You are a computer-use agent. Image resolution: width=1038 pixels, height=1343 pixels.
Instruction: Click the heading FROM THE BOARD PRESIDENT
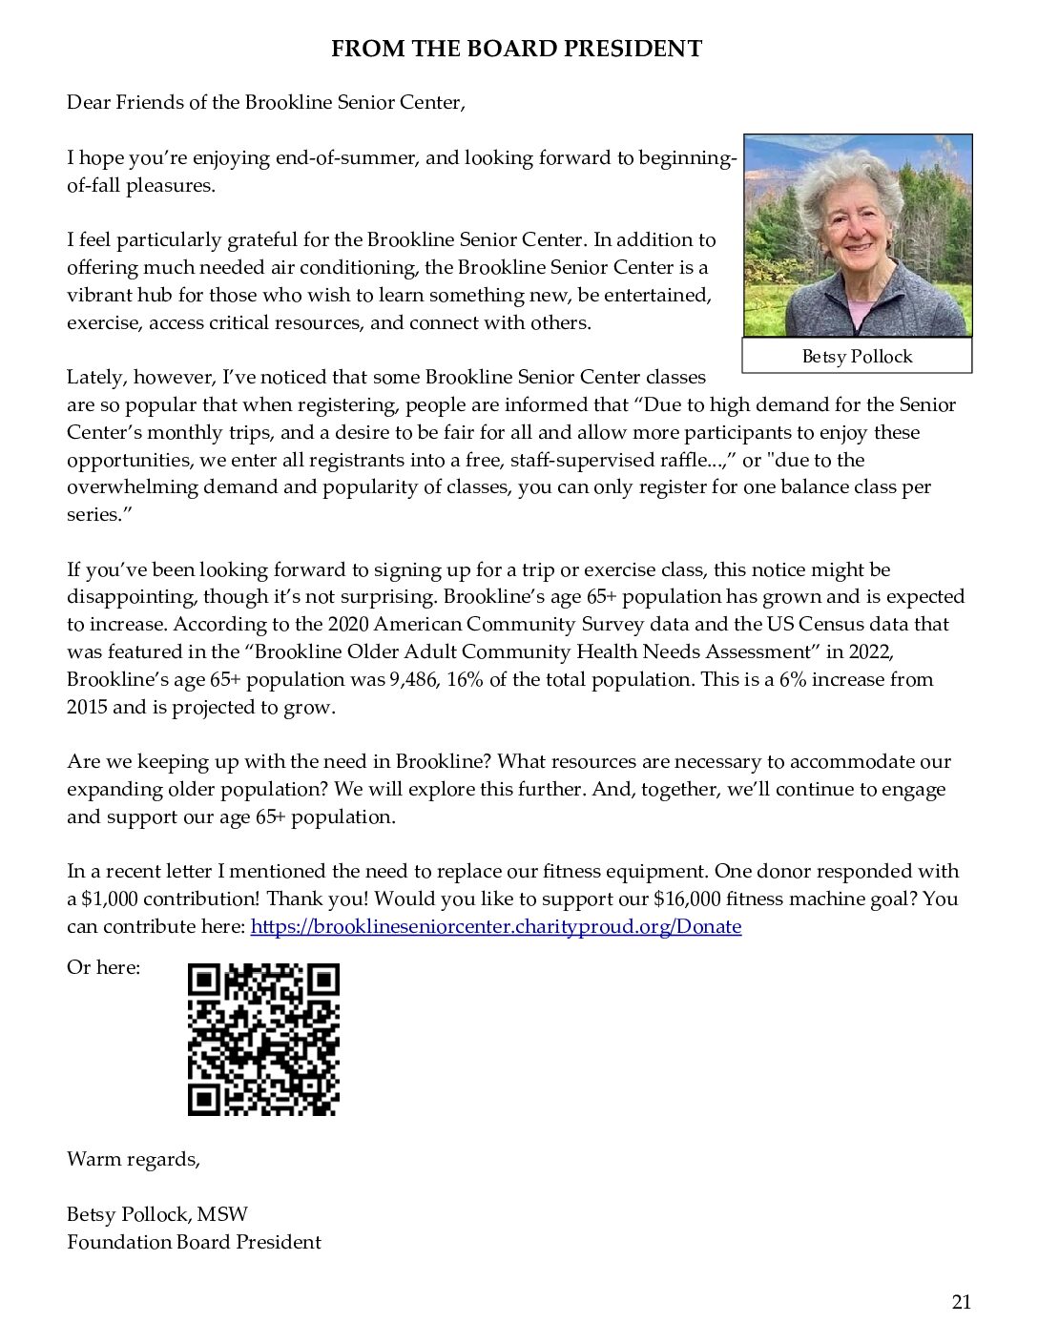[516, 49]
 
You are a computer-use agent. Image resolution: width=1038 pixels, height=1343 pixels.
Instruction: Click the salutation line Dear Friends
[265, 102]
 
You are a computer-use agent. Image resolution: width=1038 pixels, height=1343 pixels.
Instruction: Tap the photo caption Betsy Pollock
[857, 357]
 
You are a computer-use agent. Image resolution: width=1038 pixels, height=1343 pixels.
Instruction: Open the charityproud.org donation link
[495, 926]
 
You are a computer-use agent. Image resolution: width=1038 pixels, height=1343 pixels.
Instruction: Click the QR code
[263, 1039]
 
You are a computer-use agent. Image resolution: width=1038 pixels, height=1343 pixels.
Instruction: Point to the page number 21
[961, 1302]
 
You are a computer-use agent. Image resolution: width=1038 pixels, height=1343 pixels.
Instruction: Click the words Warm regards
[133, 1160]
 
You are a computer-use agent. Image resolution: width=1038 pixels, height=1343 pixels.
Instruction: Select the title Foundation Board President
[194, 1242]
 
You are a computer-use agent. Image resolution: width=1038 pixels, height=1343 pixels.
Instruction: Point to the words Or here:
[103, 967]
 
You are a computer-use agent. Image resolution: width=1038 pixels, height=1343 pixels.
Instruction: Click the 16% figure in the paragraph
[462, 680]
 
